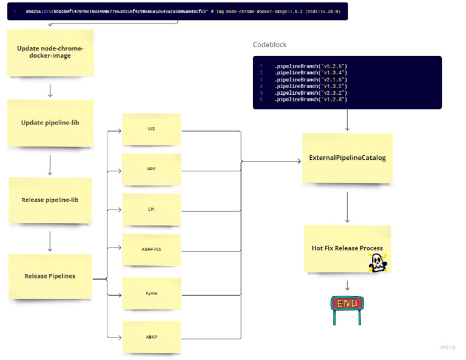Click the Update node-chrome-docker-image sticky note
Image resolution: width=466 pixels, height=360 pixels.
coord(50,52)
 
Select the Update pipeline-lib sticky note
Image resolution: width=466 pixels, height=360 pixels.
coord(50,123)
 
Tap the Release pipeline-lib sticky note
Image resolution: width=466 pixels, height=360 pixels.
coord(50,200)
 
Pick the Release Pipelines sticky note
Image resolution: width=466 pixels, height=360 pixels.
coord(50,276)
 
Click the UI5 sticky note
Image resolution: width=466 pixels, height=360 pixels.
coord(151,129)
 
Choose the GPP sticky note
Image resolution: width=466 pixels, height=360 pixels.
coord(151,169)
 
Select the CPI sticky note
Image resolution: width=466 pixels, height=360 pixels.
coord(151,209)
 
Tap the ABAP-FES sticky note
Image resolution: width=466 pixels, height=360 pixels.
coord(151,249)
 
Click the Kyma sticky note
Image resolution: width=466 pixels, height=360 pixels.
coord(151,293)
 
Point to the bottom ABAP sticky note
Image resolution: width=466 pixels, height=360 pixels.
coord(151,337)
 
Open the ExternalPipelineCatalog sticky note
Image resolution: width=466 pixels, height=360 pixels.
coord(347,158)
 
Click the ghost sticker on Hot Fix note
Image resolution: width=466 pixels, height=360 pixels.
coord(378,262)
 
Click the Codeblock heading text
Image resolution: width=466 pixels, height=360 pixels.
coord(269,45)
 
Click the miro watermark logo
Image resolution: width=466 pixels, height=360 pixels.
coord(447,347)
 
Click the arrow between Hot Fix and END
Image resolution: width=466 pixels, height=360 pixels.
coord(348,285)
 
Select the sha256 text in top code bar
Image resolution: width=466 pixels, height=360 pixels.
coord(33,12)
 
